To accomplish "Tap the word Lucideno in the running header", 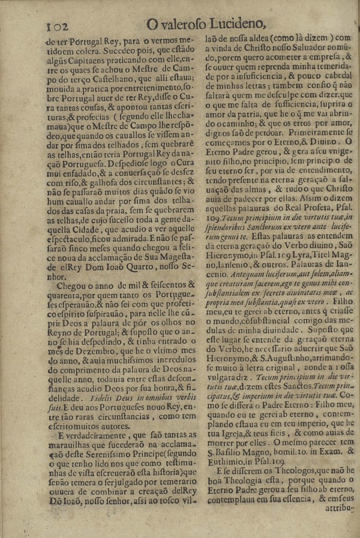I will coord(237,24).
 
